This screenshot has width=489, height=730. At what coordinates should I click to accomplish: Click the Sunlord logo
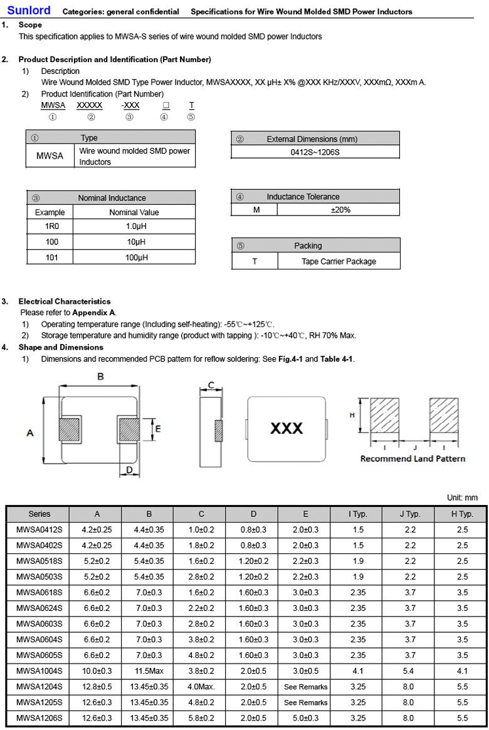(29, 10)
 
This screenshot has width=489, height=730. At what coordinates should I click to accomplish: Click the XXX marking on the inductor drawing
(287, 428)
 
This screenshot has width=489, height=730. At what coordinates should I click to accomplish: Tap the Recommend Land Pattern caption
(413, 459)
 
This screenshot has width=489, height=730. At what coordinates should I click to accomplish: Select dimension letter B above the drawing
(100, 377)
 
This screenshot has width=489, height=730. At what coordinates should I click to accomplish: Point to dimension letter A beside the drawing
(30, 433)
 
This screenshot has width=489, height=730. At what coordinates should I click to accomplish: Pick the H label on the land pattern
(352, 415)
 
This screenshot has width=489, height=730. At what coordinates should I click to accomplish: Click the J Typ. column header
(410, 514)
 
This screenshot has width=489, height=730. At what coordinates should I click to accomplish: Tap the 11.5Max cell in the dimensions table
(149, 670)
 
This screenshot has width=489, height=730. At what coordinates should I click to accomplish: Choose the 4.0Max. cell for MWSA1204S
(201, 686)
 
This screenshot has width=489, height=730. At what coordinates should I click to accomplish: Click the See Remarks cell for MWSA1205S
(305, 702)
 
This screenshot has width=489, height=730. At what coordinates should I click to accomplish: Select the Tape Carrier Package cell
(339, 261)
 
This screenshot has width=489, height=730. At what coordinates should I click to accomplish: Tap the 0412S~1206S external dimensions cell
(315, 152)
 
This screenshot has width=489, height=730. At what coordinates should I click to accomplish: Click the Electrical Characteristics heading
(64, 301)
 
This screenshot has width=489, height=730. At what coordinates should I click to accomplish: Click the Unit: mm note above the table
(462, 498)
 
